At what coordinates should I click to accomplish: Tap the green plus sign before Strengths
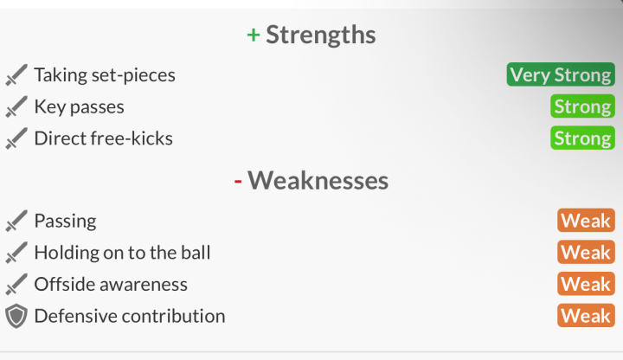(254, 35)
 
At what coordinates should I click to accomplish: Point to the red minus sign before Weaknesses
(238, 182)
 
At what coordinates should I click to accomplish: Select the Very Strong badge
(561, 74)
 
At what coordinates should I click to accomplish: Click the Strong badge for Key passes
(582, 106)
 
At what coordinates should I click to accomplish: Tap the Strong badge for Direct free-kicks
(582, 138)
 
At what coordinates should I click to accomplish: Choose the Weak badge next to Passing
(586, 220)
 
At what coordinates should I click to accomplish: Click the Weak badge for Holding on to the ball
(586, 252)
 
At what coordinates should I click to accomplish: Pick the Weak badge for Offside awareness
(586, 284)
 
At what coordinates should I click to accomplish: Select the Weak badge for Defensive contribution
(586, 316)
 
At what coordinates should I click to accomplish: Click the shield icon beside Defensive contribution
(16, 316)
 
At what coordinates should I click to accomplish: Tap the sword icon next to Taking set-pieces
(16, 74)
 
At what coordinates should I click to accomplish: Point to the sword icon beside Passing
(16, 221)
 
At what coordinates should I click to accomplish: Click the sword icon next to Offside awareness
(16, 284)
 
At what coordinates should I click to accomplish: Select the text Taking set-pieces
(105, 75)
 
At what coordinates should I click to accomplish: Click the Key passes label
(80, 107)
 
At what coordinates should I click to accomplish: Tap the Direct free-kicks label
(104, 138)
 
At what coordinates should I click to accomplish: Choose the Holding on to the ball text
(122, 253)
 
